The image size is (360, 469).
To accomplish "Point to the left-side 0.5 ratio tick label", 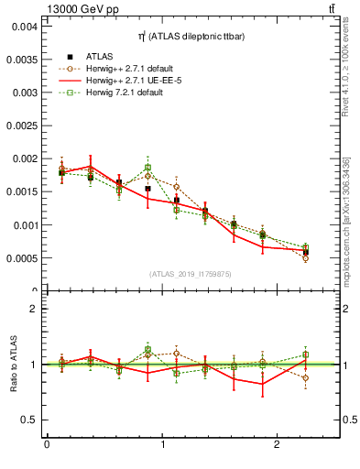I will click(x=29, y=420).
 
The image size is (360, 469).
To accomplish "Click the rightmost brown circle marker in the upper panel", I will click(x=305, y=258).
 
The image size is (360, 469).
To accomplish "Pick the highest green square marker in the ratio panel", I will click(x=147, y=350).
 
